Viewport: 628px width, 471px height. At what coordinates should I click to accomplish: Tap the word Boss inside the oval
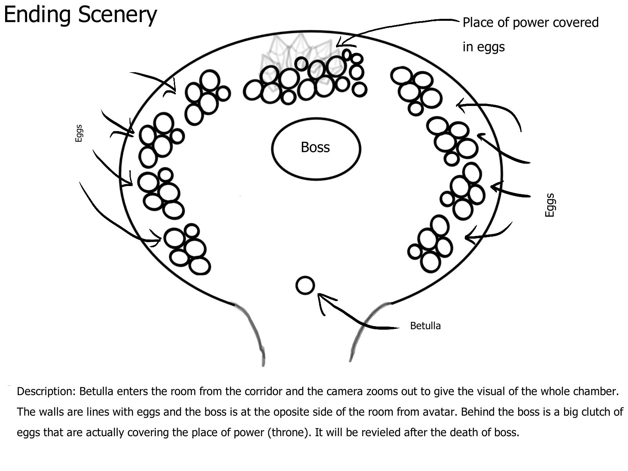pos(315,147)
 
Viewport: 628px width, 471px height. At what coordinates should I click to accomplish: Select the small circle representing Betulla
pos(305,285)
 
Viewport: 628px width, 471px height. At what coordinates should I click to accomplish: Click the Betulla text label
pos(425,326)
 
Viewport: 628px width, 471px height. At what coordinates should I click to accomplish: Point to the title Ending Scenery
pos(80,15)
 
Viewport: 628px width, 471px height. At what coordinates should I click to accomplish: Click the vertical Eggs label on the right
pos(550,205)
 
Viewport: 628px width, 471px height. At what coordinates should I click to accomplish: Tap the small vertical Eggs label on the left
pos(78,133)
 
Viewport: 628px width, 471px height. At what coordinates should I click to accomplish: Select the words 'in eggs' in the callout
pos(484,47)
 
